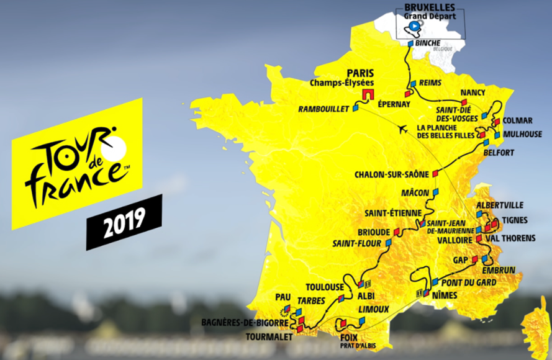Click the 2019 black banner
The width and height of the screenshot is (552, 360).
click(x=124, y=222)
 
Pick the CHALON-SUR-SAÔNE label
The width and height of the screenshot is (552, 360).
click(x=394, y=174)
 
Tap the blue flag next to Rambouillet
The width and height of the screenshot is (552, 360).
click(x=356, y=107)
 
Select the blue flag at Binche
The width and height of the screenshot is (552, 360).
click(x=410, y=43)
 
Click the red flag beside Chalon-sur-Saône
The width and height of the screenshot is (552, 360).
click(x=435, y=173)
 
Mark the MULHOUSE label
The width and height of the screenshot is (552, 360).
click(x=522, y=134)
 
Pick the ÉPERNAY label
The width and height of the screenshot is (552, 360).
click(x=394, y=104)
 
